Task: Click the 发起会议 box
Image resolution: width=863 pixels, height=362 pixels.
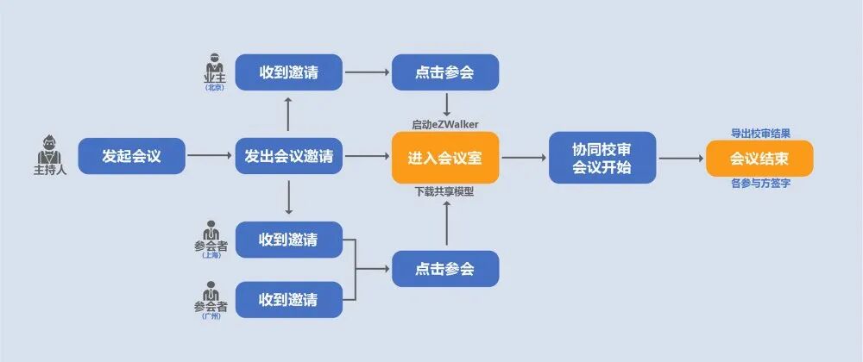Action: (131, 157)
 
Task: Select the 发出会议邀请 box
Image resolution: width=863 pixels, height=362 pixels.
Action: (288, 157)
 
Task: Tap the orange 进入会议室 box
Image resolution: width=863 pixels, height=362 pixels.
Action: (445, 158)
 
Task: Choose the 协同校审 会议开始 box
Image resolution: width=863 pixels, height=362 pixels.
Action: (602, 158)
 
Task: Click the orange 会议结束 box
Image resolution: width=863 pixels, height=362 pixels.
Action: (759, 158)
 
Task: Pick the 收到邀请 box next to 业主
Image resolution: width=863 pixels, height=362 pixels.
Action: (288, 72)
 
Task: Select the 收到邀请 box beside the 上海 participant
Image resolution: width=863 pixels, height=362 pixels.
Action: (288, 239)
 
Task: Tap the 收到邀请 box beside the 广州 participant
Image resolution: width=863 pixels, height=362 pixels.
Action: (288, 300)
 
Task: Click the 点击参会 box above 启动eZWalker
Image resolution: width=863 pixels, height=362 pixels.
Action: (445, 72)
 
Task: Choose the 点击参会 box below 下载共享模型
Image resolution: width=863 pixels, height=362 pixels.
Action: (445, 269)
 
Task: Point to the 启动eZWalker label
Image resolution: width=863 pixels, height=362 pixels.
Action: (445, 124)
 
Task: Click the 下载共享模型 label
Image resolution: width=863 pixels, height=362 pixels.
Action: (445, 191)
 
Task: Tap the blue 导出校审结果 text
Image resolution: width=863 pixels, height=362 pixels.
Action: (759, 133)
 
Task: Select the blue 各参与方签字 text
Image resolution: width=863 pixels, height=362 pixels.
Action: (759, 184)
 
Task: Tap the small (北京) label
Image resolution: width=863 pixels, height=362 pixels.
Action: (214, 88)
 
